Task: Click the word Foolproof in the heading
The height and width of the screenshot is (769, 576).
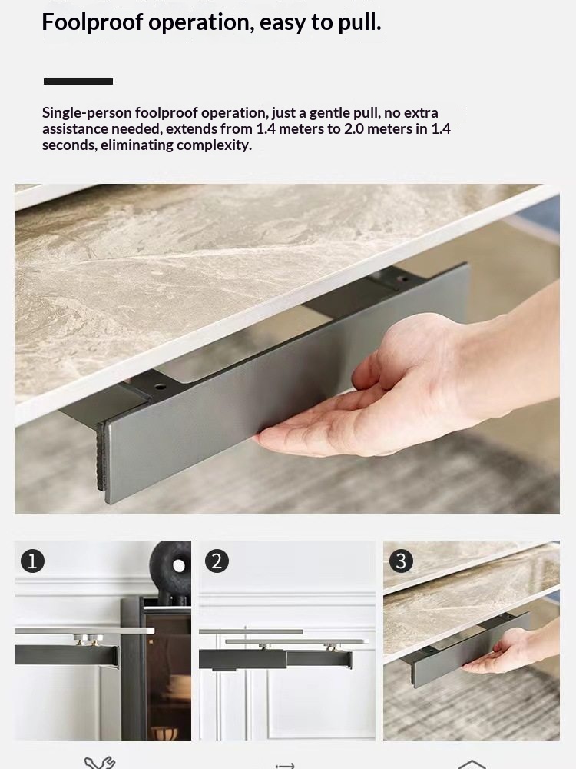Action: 92,22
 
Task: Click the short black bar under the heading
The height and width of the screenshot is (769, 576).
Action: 78,82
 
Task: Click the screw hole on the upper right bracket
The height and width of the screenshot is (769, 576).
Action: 402,279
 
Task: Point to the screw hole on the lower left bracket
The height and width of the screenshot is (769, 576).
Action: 160,387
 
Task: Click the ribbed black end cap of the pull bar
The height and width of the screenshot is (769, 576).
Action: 101,455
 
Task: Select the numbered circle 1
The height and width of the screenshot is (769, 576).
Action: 32,561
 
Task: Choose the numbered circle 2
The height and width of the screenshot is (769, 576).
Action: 217,561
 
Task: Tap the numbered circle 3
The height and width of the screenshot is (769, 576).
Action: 401,561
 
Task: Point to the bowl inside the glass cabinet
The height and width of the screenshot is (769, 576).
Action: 164,733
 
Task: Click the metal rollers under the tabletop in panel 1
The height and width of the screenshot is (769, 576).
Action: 88,639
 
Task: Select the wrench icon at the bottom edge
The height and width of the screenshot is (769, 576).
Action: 99,763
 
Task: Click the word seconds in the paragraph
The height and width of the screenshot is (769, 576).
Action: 68,145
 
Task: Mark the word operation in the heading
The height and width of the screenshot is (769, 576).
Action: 200,22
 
